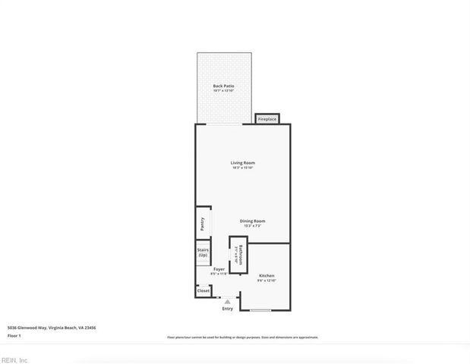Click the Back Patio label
click(x=223, y=86)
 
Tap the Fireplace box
click(x=267, y=119)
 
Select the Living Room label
click(x=243, y=163)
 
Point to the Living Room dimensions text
click(x=243, y=168)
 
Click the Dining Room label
click(x=253, y=221)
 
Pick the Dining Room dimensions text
click(x=253, y=226)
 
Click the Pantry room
click(x=203, y=224)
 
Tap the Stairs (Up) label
click(x=203, y=253)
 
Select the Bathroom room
click(x=238, y=253)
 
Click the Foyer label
click(x=219, y=269)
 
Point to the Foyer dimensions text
click(x=219, y=274)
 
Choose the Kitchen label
click(x=267, y=275)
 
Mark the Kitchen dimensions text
click(x=267, y=281)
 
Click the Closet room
click(x=203, y=290)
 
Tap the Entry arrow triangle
click(x=227, y=301)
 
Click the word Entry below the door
click(x=228, y=309)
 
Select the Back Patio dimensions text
click(x=223, y=91)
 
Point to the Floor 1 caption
click(x=15, y=335)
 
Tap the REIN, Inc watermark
click(x=14, y=360)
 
